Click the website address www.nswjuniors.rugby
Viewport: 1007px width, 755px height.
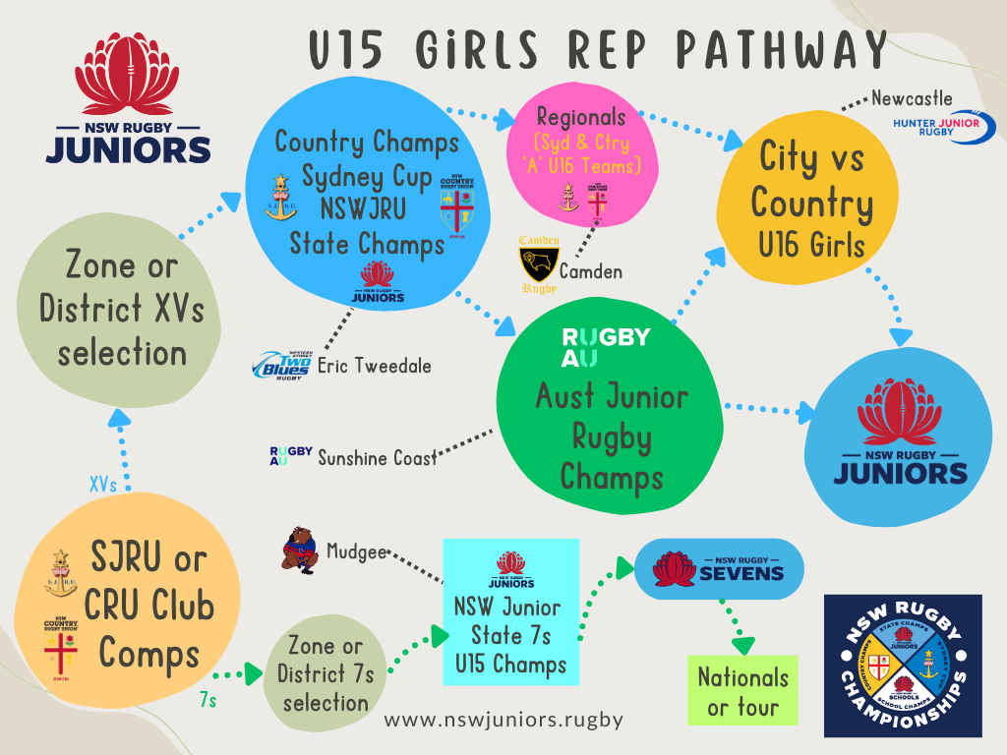tap(503, 720)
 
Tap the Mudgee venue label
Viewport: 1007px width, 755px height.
tap(357, 552)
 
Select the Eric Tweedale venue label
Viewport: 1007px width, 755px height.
tap(374, 366)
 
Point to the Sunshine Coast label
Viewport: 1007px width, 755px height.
tap(377, 456)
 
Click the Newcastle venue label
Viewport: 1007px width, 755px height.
tap(912, 98)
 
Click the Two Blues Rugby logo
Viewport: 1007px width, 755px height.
tap(281, 365)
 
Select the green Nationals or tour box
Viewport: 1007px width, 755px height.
tap(742, 691)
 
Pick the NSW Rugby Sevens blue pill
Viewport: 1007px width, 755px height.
tap(719, 569)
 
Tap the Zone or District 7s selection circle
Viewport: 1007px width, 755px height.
tap(325, 673)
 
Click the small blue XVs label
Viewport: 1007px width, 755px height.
tap(102, 486)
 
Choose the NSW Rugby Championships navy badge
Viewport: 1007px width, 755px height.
tap(902, 666)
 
